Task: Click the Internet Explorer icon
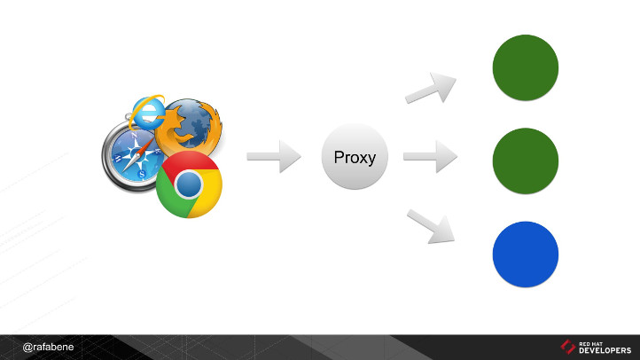tap(145, 111)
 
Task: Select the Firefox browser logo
tap(188, 124)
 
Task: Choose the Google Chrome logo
tap(188, 184)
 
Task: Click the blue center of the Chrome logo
tap(188, 184)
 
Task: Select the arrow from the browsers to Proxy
tap(274, 157)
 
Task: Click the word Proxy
tap(355, 158)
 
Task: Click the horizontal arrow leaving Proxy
tap(430, 157)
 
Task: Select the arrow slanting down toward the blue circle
tap(431, 226)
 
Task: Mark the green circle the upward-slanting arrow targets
tap(526, 68)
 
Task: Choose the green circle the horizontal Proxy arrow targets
tap(526, 160)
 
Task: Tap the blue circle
tap(526, 254)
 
